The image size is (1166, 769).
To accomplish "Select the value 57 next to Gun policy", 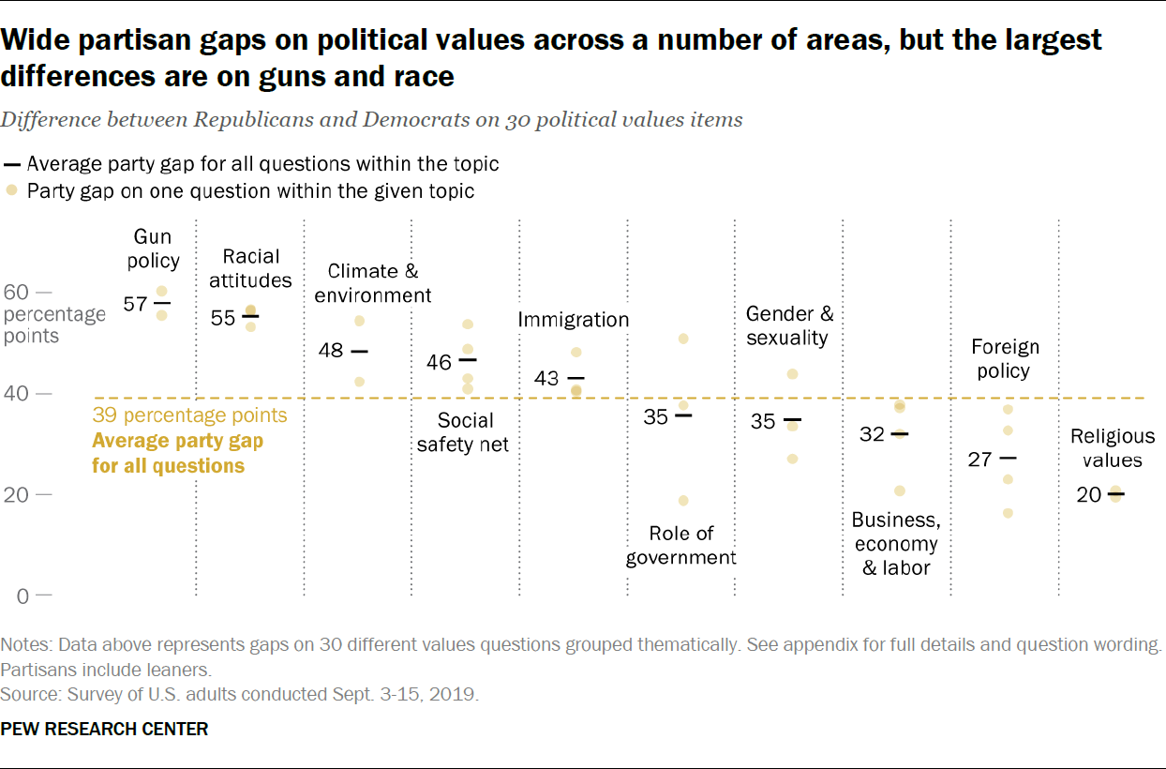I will [136, 304].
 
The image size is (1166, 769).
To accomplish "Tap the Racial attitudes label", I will [250, 268].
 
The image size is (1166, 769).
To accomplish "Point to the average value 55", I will [223, 318].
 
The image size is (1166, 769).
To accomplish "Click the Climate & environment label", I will [373, 283].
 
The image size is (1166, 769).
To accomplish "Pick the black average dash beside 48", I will [359, 352].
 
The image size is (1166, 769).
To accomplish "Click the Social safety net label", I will [463, 432].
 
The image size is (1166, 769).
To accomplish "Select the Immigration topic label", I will [574, 320].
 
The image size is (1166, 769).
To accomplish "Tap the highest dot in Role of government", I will [683, 339].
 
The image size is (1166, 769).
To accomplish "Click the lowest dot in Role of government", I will [683, 501].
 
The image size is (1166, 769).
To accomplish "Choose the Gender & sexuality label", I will [789, 325].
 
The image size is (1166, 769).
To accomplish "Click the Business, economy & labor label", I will [895, 544].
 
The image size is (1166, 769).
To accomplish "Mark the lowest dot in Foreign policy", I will [1008, 513].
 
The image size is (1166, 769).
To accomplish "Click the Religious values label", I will [1113, 448].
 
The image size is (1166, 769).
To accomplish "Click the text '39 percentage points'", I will [189, 415].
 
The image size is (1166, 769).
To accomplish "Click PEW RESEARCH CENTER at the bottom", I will [105, 729].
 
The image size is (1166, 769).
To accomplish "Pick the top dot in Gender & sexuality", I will [792, 374].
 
